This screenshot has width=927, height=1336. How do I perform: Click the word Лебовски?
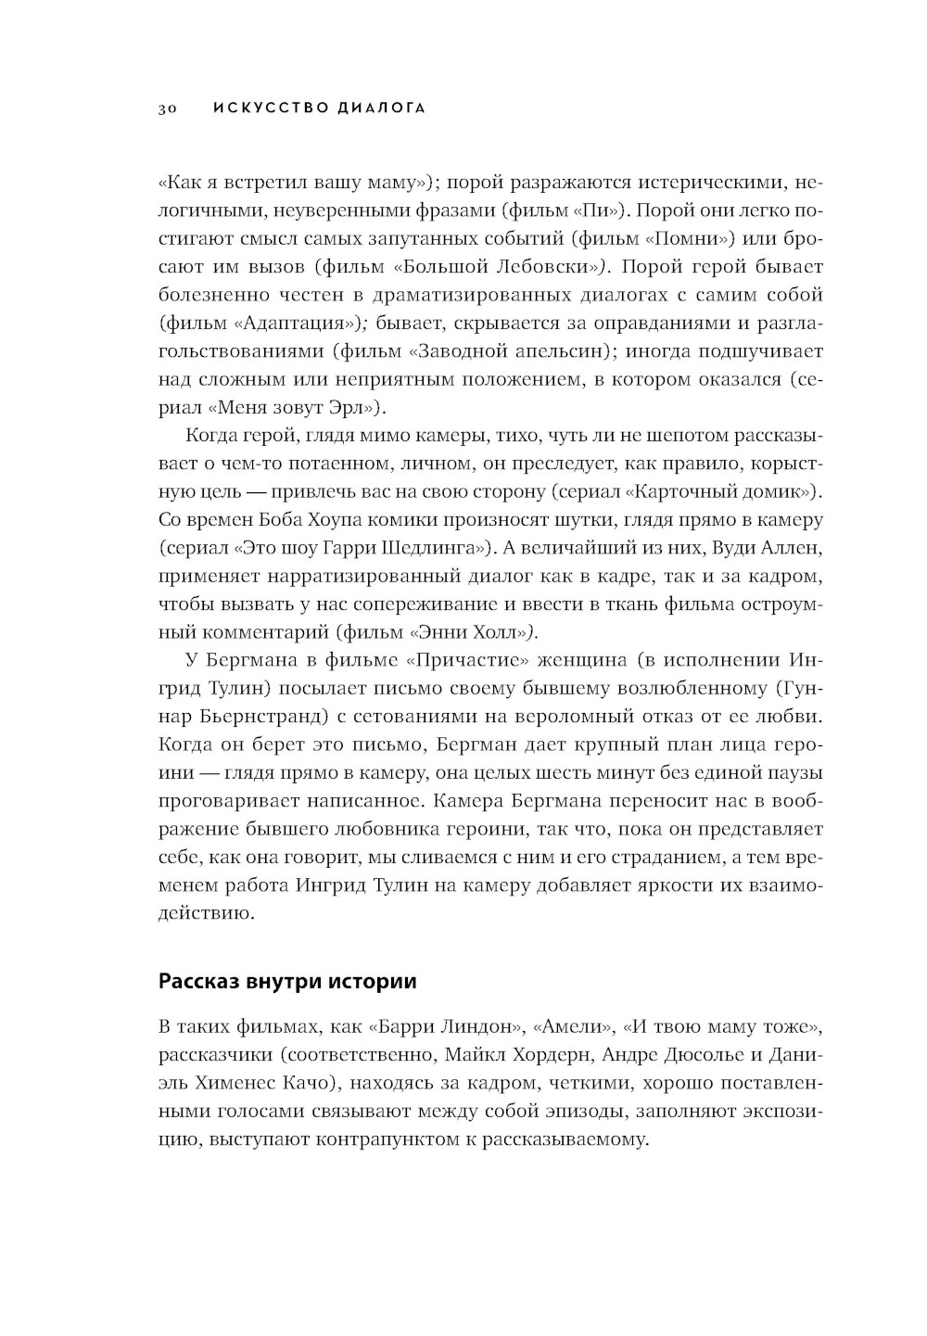point(552,267)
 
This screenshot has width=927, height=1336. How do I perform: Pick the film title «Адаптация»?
point(294,324)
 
